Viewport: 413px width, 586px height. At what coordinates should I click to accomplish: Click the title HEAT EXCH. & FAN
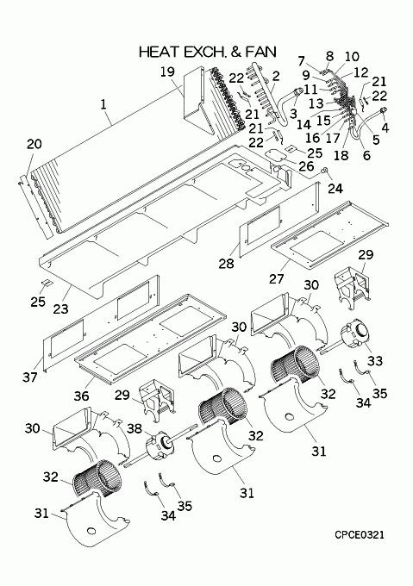208,52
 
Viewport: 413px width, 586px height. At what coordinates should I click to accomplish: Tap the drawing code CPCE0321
360,535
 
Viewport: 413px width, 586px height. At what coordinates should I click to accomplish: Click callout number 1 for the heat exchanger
103,104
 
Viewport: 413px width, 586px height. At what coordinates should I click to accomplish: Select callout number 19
168,71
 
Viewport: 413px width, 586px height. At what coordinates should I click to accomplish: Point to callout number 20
34,144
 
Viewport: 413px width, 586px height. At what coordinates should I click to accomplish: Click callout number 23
61,309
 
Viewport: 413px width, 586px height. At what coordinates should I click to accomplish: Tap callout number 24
335,188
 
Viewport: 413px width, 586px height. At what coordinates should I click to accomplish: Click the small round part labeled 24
325,171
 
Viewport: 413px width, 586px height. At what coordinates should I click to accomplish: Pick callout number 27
277,278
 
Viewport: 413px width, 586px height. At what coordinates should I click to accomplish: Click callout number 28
227,264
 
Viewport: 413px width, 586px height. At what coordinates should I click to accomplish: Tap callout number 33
375,360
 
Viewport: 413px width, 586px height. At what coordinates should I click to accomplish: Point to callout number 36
81,396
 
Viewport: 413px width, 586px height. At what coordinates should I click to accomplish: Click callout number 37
30,377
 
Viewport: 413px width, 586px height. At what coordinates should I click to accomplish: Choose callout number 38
135,428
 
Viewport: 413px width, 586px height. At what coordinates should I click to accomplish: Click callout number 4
385,128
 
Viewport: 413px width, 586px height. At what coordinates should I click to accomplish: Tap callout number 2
276,76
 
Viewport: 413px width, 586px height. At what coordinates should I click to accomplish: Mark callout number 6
366,155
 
